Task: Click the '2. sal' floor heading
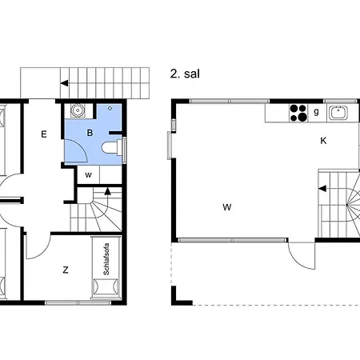tap(185, 74)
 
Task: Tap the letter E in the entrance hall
tap(44, 134)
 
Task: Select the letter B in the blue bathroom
tap(90, 133)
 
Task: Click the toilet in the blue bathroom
tap(112, 147)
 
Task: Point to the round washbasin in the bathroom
tap(78, 110)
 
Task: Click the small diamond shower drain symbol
tap(110, 109)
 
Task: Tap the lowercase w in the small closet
tap(88, 175)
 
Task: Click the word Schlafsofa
tap(106, 259)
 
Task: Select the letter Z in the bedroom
tap(66, 270)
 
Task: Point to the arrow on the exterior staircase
tap(64, 83)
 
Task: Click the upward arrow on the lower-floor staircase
tap(107, 191)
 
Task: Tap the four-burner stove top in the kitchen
tap(298, 113)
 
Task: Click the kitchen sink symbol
tap(338, 113)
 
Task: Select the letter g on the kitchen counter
tap(316, 111)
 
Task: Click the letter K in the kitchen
tap(323, 141)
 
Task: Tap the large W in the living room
tap(227, 207)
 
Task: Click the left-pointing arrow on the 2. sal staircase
tap(322, 189)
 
